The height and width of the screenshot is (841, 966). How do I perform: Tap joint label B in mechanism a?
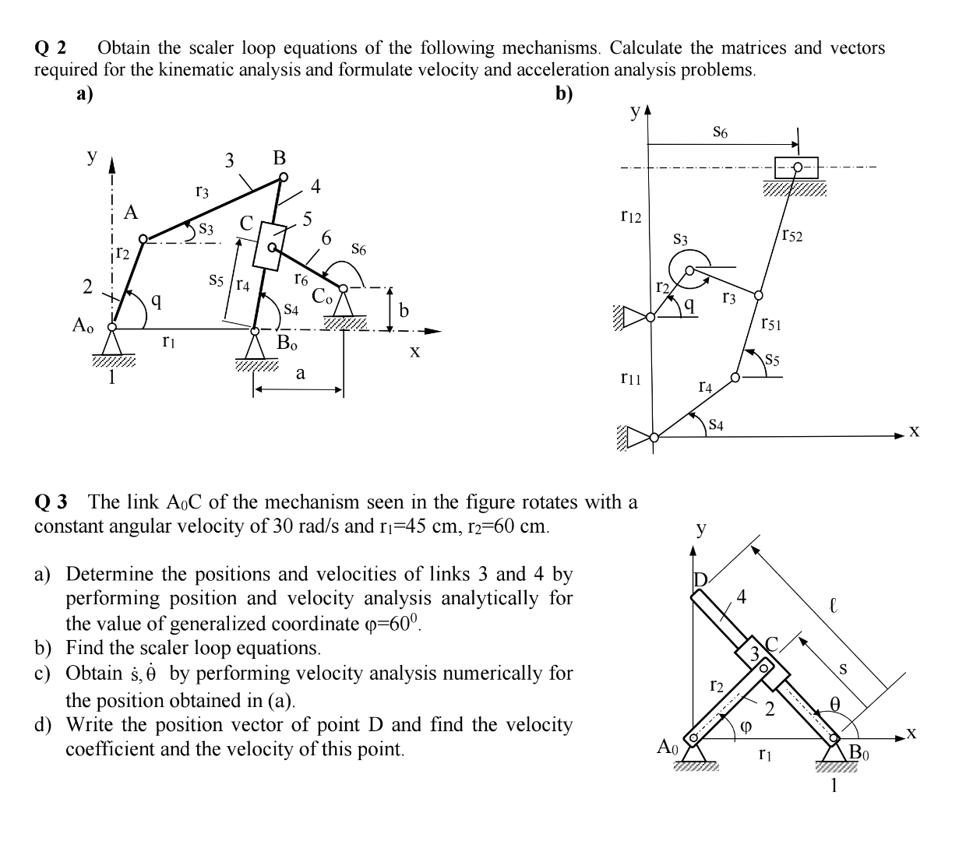pos(280,158)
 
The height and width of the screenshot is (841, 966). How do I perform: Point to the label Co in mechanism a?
pos(323,296)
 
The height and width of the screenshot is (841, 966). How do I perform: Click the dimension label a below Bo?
pos(300,373)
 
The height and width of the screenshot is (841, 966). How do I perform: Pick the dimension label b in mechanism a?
pos(404,311)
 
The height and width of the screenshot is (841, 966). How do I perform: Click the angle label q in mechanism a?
pos(157,300)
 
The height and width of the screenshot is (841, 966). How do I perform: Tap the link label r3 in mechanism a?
pos(202,190)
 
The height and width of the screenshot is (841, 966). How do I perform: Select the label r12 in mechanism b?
pos(630,216)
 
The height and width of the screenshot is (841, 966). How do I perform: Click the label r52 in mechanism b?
pos(791,235)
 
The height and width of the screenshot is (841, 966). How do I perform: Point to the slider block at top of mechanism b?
pos(796,167)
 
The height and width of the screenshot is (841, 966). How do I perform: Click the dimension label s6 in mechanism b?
pos(721,133)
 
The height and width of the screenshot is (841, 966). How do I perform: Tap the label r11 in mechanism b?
pos(630,378)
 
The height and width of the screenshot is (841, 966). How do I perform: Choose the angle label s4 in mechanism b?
pos(716,424)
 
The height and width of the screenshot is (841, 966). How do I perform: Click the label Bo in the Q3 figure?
pos(859,752)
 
